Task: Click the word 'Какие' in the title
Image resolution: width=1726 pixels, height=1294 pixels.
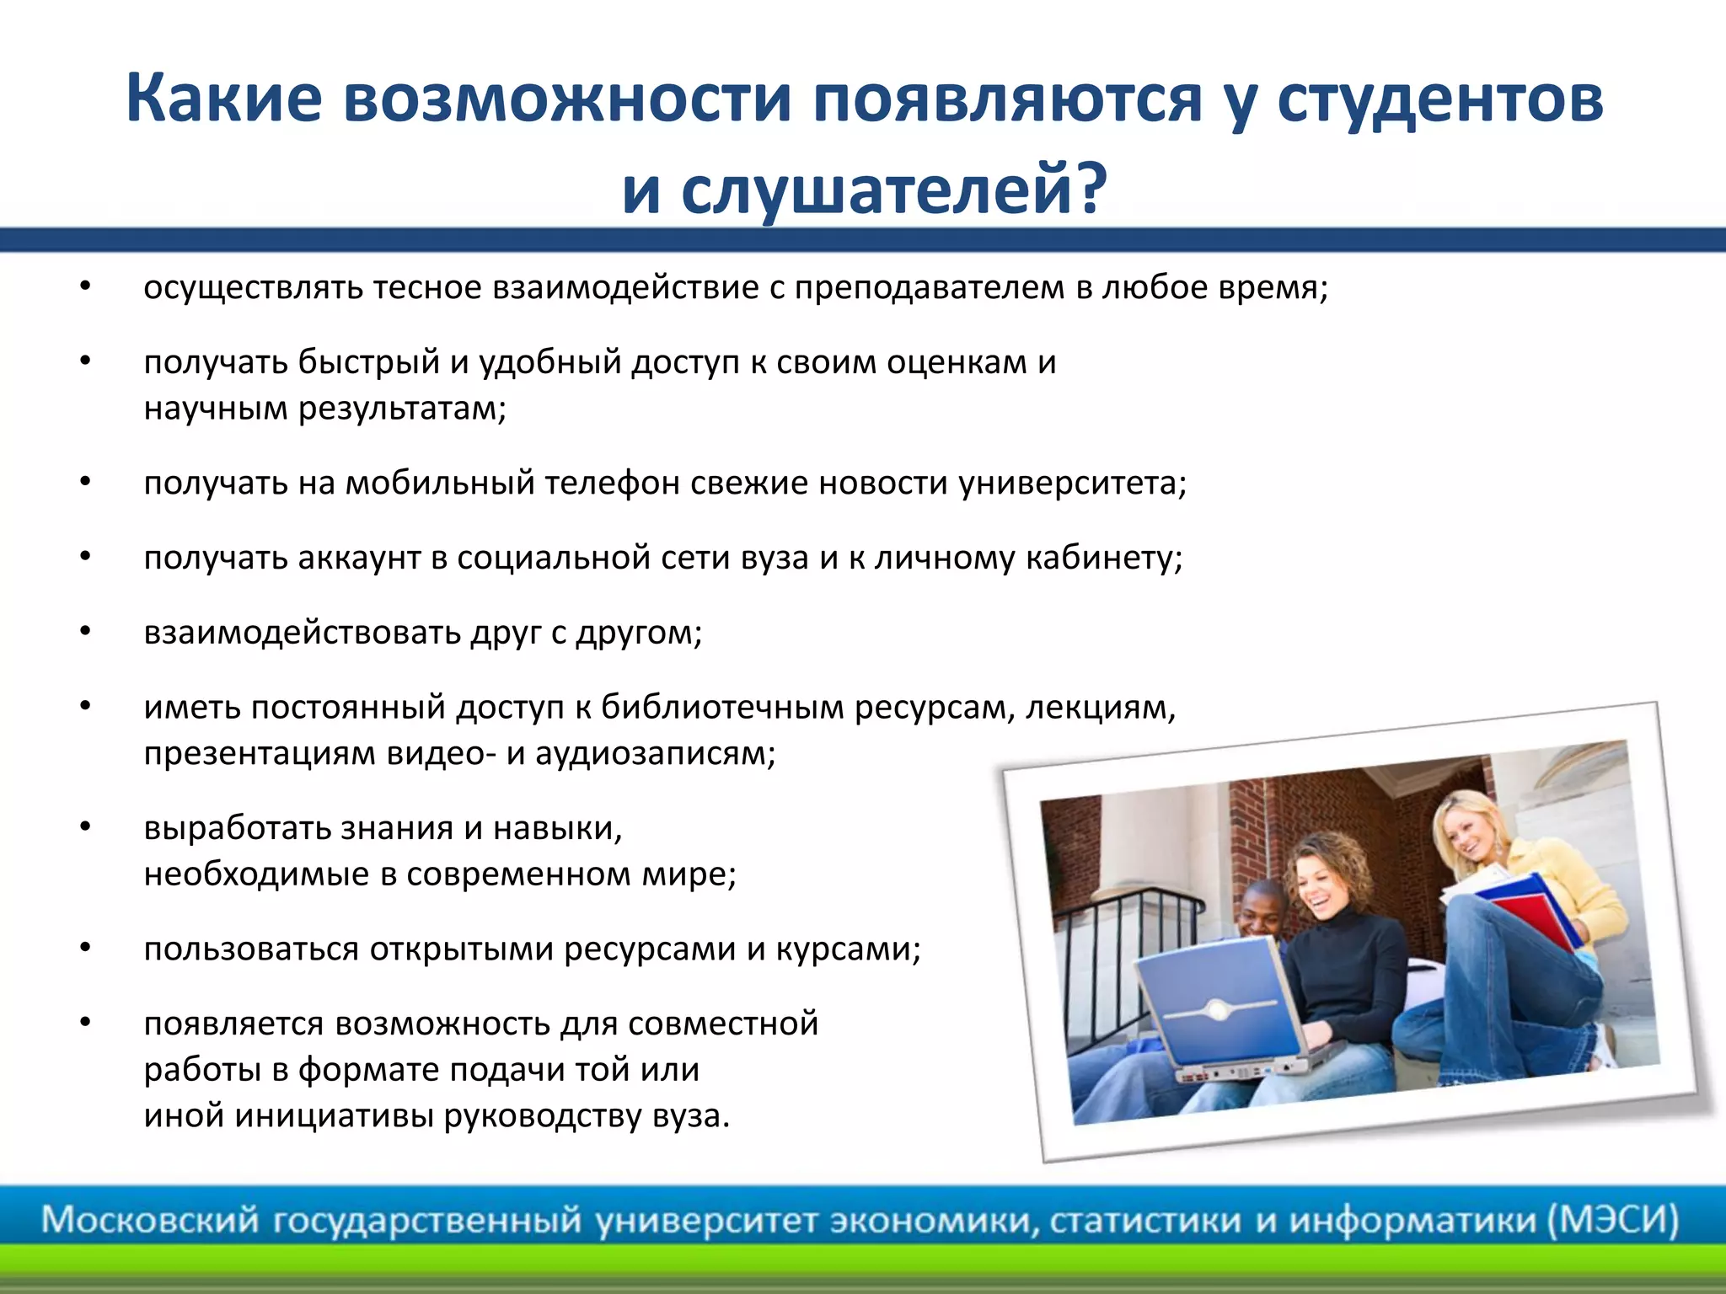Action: [224, 99]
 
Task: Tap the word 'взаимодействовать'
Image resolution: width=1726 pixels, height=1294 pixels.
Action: [302, 633]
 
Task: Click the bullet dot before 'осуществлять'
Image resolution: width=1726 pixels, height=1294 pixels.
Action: [85, 287]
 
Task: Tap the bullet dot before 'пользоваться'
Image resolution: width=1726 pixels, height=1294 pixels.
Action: [85, 949]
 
